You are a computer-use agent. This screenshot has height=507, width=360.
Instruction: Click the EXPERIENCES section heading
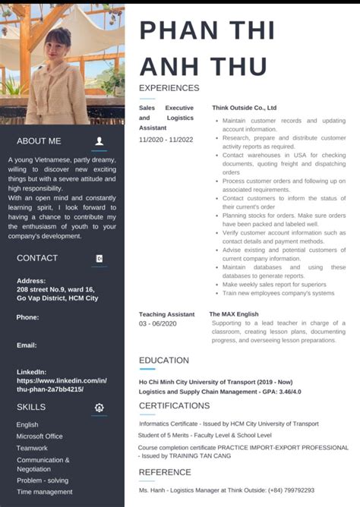coord(169,88)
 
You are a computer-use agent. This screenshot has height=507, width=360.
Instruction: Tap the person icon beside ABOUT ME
coord(99,141)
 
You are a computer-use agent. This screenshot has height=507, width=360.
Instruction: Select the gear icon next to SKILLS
coord(99,408)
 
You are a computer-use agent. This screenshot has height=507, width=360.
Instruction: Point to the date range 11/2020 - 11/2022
coord(166,140)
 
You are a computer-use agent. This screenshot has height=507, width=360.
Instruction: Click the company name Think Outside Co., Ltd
coord(244,108)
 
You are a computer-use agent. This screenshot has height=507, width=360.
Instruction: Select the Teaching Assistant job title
coord(166,314)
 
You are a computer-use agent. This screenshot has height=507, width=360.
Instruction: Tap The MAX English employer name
coord(234,314)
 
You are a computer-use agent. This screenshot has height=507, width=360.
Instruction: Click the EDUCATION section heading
coord(164,361)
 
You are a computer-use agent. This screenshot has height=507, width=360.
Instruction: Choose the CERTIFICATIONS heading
coord(174,406)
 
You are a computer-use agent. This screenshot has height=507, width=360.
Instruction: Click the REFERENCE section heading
coord(165,472)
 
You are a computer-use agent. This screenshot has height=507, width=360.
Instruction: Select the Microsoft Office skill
coord(39,436)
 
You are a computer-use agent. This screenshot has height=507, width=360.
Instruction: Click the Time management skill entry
coord(45,492)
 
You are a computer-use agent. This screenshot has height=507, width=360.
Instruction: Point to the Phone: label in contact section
coord(27,317)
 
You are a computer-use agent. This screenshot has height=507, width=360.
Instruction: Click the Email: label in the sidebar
coord(27,345)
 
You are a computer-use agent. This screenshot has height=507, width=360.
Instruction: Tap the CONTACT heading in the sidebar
coord(37,258)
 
